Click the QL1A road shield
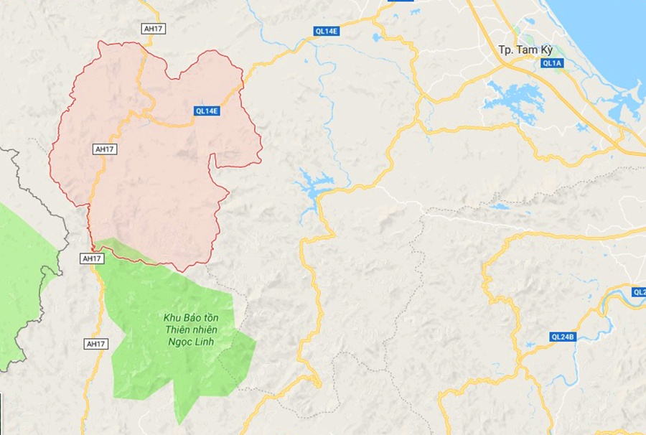tap(553, 63)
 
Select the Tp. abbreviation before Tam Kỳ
tap(507, 50)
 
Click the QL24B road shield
tap(563, 337)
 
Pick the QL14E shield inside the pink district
tap(207, 111)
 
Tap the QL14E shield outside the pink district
tap(326, 30)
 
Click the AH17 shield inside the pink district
tap(104, 149)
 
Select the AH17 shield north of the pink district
tap(151, 28)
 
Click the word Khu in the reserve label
tap(172, 317)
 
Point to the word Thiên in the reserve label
tap(178, 329)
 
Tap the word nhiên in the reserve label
tap(204, 329)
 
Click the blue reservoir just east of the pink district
tap(313, 187)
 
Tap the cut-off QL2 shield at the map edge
tap(639, 292)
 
